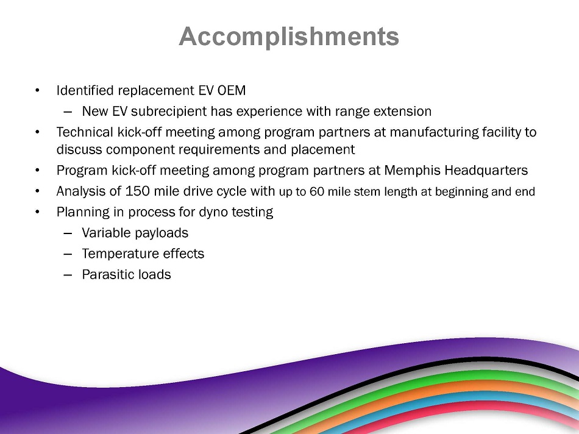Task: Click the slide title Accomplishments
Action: (289, 37)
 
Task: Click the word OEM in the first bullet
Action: (232, 90)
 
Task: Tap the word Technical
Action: (85, 132)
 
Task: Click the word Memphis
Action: (412, 170)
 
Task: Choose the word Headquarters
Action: (486, 170)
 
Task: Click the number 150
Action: (137, 191)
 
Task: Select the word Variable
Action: (106, 233)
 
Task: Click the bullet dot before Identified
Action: (37, 90)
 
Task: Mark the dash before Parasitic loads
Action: (68, 275)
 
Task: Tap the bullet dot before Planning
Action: (37, 212)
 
